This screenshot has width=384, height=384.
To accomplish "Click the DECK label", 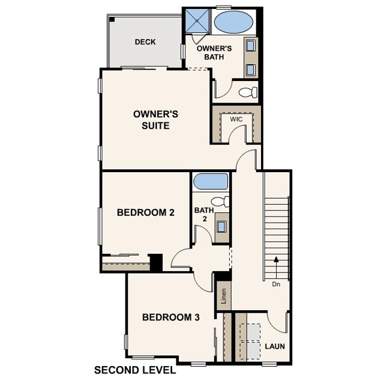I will (145, 42).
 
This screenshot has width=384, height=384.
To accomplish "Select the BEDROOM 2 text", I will (145, 212).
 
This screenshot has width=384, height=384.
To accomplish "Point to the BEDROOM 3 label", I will (170, 317).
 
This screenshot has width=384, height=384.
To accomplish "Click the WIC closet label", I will (236, 119).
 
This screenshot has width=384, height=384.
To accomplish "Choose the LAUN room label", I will (275, 347).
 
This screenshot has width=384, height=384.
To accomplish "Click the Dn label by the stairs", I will (276, 284).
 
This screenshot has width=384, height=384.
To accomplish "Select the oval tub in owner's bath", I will (233, 22).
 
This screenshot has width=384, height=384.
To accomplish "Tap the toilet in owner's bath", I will (248, 92).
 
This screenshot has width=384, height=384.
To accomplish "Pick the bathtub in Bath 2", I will (210, 181).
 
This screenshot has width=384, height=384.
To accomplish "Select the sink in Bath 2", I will (221, 227).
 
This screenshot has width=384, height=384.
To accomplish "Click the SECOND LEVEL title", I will (135, 370).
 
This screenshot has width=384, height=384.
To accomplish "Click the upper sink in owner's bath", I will (250, 46).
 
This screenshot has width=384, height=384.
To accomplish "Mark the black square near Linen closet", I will (223, 277).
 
